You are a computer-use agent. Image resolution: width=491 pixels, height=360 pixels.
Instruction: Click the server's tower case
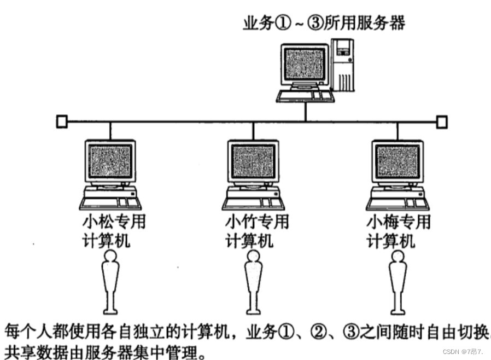pos(343,66)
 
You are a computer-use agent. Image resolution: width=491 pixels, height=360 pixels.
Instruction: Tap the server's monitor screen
pos(305,65)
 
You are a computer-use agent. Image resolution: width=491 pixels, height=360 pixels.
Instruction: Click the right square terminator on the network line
pos(441,121)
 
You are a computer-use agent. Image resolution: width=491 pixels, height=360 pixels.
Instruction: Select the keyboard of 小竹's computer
pos(252,202)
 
